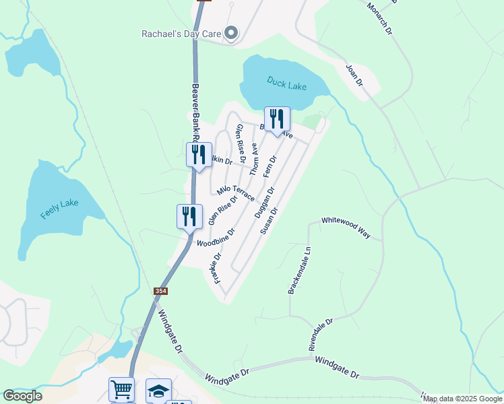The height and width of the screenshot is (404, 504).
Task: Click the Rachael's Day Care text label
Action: point(180,34)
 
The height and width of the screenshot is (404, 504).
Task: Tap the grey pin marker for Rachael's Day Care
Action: point(231,33)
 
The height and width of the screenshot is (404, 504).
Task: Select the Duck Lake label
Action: point(286,83)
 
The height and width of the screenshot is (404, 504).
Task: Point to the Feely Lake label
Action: point(60,209)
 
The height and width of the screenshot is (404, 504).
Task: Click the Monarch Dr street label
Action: point(379,18)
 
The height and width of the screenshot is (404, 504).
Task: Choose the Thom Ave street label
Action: point(254,160)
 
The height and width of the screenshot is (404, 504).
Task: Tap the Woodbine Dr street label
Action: point(216,237)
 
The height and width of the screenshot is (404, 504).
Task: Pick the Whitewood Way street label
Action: point(346,228)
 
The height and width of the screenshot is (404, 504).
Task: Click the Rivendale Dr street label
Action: point(321,335)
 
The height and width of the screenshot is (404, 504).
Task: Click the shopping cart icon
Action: point(121,389)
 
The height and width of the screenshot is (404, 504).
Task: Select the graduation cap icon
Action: point(158,391)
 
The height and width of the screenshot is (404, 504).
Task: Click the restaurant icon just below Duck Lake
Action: point(277,119)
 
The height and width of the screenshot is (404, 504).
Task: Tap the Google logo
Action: point(22,396)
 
